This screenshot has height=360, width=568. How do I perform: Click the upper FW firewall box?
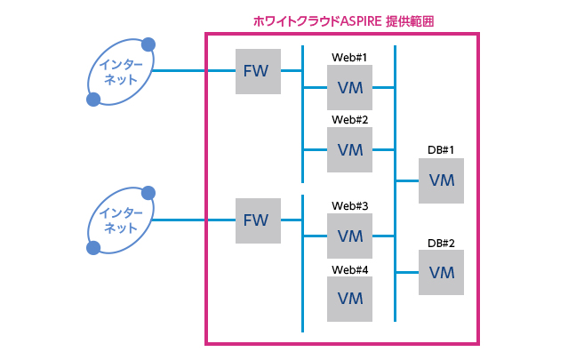(258, 71)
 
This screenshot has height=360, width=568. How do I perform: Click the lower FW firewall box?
(258, 220)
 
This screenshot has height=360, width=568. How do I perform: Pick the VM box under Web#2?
(350, 149)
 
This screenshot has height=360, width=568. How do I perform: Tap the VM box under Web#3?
(350, 236)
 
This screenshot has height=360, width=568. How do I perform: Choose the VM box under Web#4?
(350, 299)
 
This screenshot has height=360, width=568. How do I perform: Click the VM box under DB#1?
(441, 180)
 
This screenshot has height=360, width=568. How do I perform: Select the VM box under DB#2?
(441, 272)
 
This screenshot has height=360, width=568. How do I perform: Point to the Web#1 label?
(349, 57)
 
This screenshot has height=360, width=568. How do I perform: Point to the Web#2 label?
(349, 119)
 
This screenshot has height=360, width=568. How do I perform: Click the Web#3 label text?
(349, 205)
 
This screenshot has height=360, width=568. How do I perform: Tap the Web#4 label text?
(349, 268)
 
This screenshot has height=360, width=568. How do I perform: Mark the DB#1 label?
(441, 150)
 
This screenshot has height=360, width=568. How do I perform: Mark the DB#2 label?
(441, 243)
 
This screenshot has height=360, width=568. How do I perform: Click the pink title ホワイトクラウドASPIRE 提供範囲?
(342, 20)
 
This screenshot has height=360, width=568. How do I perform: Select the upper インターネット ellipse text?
(120, 71)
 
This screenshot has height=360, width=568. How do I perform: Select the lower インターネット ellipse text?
(120, 220)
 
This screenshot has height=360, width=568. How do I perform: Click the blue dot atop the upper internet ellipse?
(148, 43)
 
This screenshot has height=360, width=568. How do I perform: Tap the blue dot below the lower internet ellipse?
(92, 248)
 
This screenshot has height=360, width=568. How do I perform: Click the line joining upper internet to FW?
(196, 71)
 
